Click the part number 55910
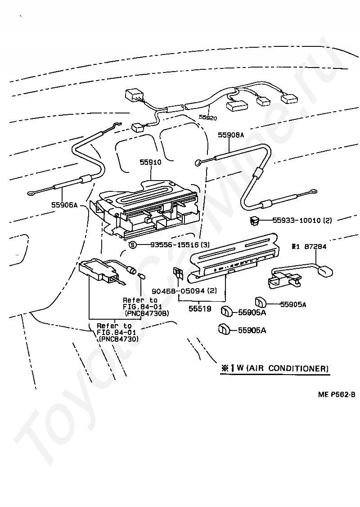[x=150, y=162]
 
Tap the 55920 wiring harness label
[x=208, y=118]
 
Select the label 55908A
[x=231, y=135]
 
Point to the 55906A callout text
[x=64, y=205]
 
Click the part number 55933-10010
[x=297, y=220]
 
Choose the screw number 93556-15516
[x=175, y=245]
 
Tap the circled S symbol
[x=132, y=245]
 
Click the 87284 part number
[x=315, y=246]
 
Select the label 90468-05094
[x=178, y=291]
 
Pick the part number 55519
[x=200, y=309]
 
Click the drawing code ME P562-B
[x=337, y=394]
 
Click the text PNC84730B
[x=147, y=313]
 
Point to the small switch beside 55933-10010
[x=253, y=221]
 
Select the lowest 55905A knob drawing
[x=224, y=329]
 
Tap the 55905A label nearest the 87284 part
[x=293, y=304]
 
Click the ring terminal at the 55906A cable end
[x=31, y=193]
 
